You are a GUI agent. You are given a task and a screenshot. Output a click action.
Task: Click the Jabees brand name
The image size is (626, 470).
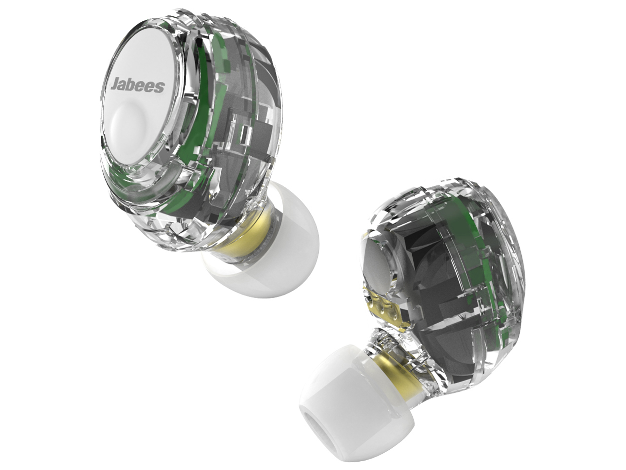pos(137,85)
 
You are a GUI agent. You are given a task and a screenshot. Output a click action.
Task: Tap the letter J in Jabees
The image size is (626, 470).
pos(114,83)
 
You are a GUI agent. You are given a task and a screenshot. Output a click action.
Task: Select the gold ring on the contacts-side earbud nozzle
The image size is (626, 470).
pos(395,368)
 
